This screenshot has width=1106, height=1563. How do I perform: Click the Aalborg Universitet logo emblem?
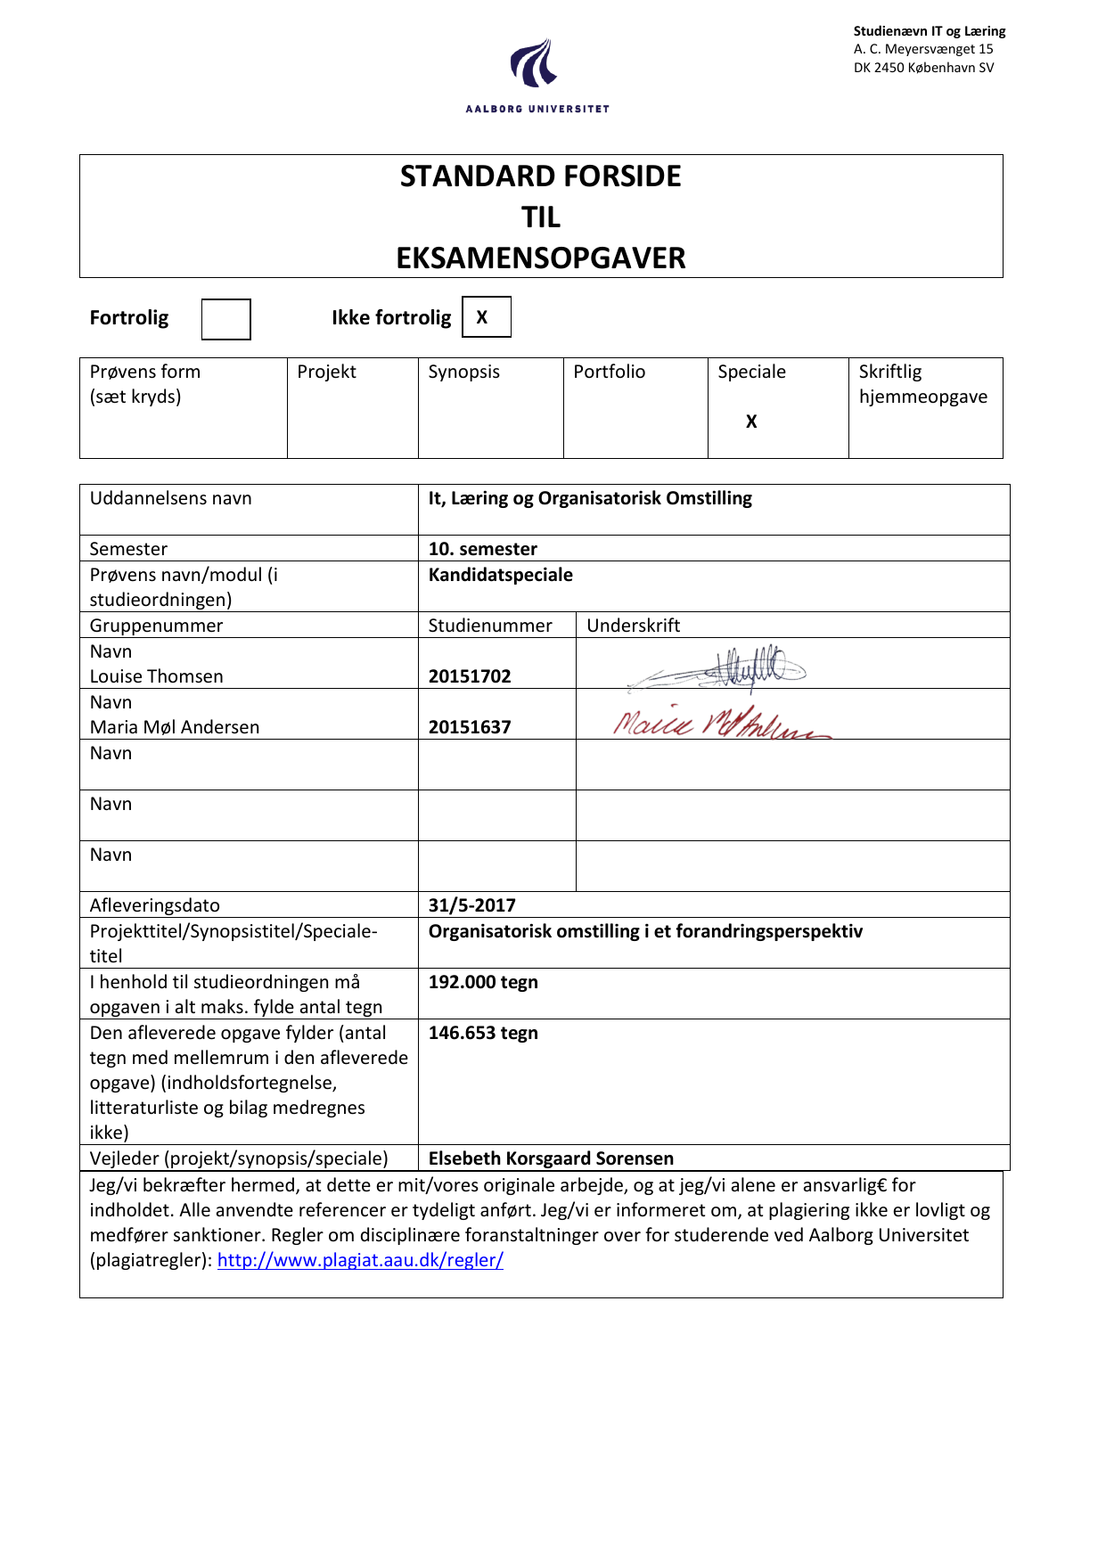click(534, 63)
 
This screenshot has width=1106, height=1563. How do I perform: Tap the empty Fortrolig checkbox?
click(225, 319)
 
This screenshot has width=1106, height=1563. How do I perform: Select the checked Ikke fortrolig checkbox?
click(486, 317)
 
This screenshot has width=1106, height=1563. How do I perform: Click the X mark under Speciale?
click(751, 421)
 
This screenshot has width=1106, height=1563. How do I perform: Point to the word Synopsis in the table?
click(463, 372)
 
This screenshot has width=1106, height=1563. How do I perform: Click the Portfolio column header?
click(609, 372)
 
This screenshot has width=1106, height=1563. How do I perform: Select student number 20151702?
click(470, 676)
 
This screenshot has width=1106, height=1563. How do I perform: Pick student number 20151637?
click(470, 727)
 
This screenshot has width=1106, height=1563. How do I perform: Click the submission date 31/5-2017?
click(471, 905)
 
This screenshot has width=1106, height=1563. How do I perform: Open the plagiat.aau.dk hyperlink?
click(360, 1260)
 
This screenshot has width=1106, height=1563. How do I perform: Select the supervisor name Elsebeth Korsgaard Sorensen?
click(551, 1158)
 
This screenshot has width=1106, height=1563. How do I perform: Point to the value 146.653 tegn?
click(483, 1033)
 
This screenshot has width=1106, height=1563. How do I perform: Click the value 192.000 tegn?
click(483, 982)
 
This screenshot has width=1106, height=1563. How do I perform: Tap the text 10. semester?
click(482, 549)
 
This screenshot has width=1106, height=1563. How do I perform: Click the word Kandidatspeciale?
click(500, 575)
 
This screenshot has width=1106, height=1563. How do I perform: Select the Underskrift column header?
click(633, 626)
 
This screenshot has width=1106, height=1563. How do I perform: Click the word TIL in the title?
click(541, 217)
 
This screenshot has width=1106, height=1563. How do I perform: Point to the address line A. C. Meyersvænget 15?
click(922, 49)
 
